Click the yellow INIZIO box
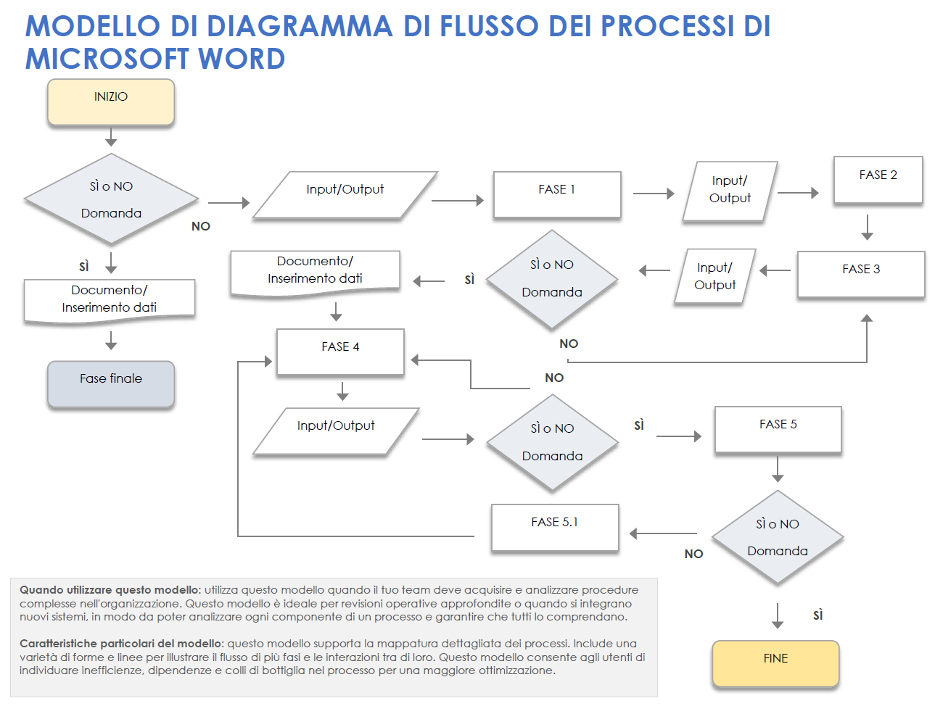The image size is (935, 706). point(111,101)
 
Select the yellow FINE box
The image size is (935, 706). point(775,663)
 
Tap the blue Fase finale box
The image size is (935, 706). point(111,383)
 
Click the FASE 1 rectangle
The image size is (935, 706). point(557,194)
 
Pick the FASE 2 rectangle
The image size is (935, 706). point(878,180)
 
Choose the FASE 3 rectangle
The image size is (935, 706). point(861,274)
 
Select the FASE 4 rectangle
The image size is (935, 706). point(340,352)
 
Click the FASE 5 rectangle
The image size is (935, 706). point(778,429)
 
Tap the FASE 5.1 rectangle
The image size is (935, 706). point(555,527)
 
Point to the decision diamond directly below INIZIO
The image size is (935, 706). point(111,199)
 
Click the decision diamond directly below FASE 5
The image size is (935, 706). point(778,537)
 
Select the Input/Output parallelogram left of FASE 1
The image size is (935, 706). point(345,194)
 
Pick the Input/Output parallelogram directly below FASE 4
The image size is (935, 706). point(336,431)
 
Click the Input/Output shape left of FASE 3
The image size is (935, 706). point(715,276)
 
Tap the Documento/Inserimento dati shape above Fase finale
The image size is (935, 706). point(110,299)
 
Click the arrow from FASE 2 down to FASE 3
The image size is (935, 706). point(867,227)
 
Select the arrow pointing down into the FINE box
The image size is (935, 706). point(778,615)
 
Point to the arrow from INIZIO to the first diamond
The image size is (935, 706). point(111,137)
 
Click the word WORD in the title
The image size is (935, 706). point(242,59)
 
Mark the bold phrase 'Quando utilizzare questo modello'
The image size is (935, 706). point(110,590)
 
